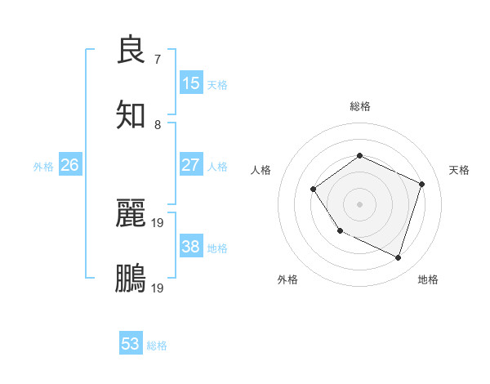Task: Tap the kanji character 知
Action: (131, 114)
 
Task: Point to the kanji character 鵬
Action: (131, 278)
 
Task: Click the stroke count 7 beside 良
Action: (158, 59)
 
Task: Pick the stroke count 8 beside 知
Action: (158, 124)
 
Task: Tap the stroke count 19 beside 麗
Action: (158, 222)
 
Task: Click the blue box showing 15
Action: (191, 83)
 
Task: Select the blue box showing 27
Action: (191, 165)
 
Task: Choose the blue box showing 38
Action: (191, 247)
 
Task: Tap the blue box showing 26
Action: (69, 165)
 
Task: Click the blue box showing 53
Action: (131, 344)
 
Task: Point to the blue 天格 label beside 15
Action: (217, 85)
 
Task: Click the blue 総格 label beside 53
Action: (157, 346)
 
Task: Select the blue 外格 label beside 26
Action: (43, 167)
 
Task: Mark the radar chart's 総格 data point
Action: (359, 155)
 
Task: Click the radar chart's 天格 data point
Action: (422, 184)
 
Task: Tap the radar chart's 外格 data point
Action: (341, 231)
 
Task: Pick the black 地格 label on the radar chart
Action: (428, 280)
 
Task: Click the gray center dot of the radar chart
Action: (359, 204)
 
